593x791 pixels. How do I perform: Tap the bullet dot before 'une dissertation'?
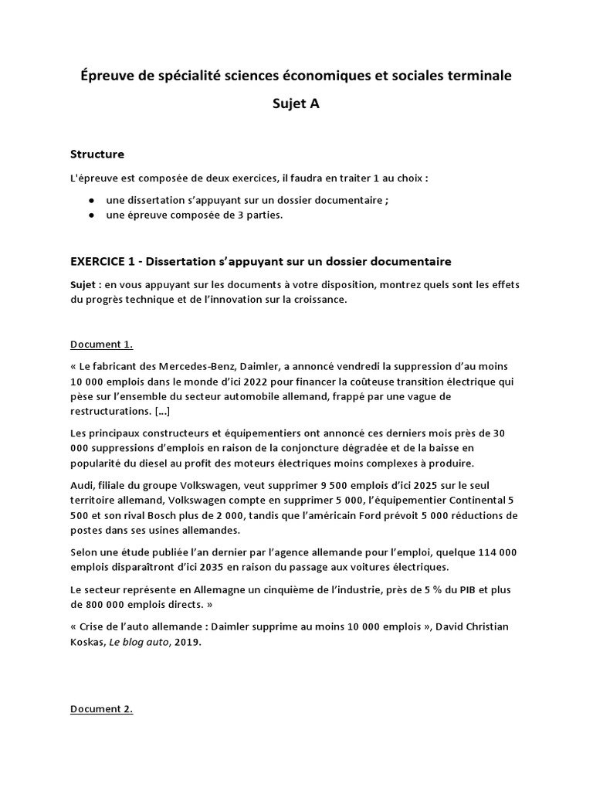(x=92, y=200)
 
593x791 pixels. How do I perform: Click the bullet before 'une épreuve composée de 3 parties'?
(x=92, y=216)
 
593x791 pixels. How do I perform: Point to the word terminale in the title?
(x=473, y=76)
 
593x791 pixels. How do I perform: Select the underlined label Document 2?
(x=101, y=709)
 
